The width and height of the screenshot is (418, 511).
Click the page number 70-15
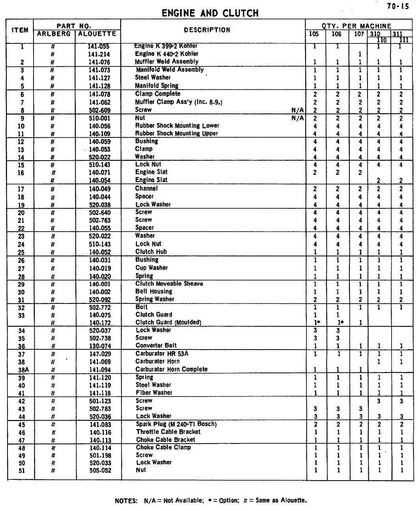tap(398, 6)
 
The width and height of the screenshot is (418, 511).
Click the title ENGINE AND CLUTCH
tap(210, 13)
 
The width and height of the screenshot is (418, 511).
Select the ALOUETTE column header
tap(97, 34)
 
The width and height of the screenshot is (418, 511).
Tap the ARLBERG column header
tap(54, 34)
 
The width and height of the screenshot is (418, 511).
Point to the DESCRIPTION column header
tap(207, 30)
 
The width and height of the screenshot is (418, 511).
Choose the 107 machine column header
tap(359, 34)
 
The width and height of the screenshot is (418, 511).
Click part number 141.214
tap(99, 54)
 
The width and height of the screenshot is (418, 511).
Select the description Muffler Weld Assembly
tap(166, 62)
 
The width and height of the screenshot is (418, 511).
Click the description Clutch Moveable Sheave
tap(169, 284)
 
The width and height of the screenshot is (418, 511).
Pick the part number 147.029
tap(100, 354)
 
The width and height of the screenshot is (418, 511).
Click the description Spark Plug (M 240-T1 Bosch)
tap(176, 424)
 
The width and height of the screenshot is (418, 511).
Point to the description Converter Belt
tap(156, 346)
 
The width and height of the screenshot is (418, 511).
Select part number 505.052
tap(100, 470)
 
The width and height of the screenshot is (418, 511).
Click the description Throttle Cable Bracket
tap(168, 432)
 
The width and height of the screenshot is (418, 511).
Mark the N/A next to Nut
tap(298, 118)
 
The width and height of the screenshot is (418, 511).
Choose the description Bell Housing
tap(154, 292)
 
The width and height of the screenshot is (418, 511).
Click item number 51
tap(22, 470)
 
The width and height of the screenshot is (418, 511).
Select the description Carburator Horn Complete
tap(172, 369)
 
